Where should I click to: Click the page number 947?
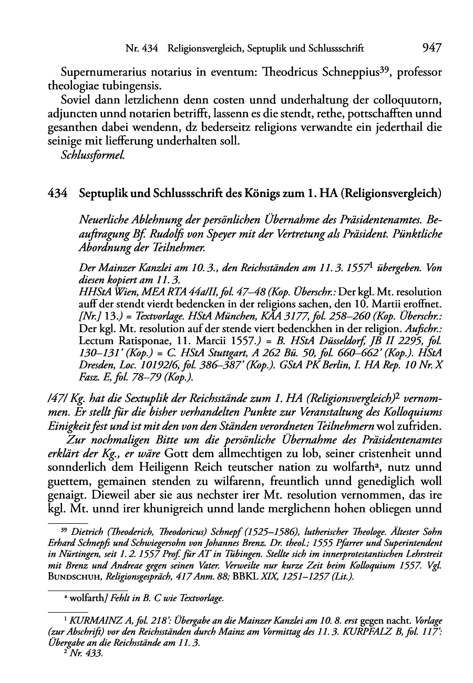pos(430,49)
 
